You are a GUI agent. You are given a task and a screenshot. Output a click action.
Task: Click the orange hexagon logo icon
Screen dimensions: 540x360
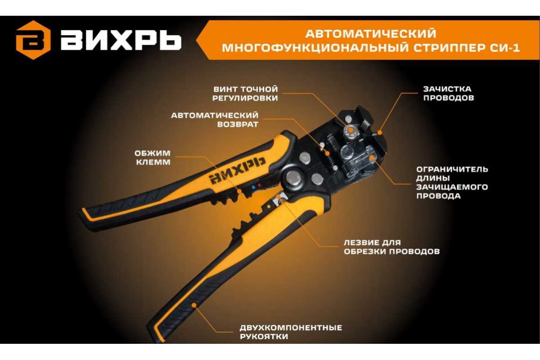tap(33, 40)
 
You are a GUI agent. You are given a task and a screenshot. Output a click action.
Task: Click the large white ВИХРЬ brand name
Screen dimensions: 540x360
tap(121, 41)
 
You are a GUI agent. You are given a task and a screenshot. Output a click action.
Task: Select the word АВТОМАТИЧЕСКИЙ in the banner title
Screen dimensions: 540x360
tap(371, 33)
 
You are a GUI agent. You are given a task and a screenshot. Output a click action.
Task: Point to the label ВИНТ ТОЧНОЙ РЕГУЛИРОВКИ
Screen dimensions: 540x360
tap(245, 94)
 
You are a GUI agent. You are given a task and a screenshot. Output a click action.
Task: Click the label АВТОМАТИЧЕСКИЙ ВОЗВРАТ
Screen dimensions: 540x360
tap(215, 120)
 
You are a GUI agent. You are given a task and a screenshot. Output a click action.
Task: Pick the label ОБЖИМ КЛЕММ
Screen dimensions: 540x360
tap(153, 157)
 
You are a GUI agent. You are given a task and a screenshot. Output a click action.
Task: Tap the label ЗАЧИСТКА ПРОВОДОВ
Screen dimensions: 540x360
tap(449, 93)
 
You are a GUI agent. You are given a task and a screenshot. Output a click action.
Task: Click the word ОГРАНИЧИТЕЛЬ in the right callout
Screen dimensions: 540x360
tap(452, 169)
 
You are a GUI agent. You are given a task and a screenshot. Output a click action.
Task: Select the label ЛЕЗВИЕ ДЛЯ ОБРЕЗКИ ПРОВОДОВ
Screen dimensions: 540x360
tap(392, 247)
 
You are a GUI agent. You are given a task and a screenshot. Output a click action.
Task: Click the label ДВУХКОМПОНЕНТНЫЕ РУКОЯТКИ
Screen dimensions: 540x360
tap(291, 332)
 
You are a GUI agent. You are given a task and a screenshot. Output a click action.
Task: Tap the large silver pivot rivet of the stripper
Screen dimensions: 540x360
tap(293, 178)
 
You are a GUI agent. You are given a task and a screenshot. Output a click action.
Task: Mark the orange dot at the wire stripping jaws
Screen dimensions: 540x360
tap(379, 132)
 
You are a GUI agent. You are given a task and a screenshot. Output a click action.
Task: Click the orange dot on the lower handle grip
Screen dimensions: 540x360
tap(194, 305)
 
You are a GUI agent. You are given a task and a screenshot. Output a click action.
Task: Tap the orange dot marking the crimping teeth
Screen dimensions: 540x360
tap(239, 191)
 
